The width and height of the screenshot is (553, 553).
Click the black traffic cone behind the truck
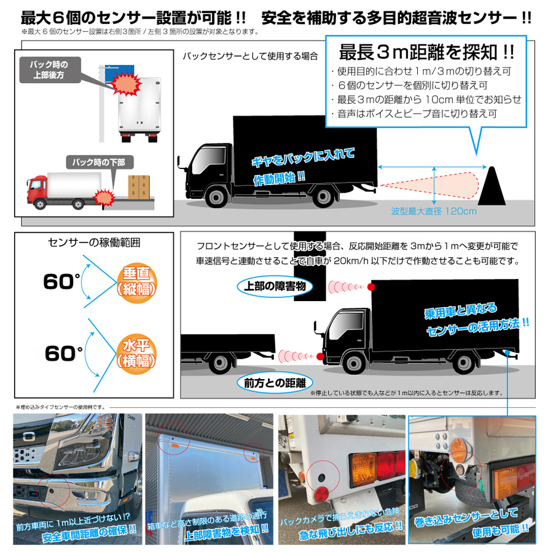492,186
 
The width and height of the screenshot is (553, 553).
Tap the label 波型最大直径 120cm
434,211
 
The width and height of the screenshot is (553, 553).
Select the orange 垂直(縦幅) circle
137,284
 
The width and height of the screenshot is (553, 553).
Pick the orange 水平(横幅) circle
136,354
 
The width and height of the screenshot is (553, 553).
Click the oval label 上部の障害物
275,286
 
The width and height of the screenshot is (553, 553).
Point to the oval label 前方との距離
275,383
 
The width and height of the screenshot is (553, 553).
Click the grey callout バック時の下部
100,162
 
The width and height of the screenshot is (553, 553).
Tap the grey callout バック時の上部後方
49,70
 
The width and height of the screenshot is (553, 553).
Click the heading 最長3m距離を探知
426,52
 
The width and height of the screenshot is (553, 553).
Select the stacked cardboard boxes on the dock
139,187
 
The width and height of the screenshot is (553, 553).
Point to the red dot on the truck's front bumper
320,356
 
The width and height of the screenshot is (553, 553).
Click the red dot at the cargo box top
371,287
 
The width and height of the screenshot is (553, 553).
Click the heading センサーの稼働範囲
94,243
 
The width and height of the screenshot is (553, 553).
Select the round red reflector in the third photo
321,493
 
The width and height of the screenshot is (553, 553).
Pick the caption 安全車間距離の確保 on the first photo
90,533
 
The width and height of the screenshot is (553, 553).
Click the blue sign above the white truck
120,72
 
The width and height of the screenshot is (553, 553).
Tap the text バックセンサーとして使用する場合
250,57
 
